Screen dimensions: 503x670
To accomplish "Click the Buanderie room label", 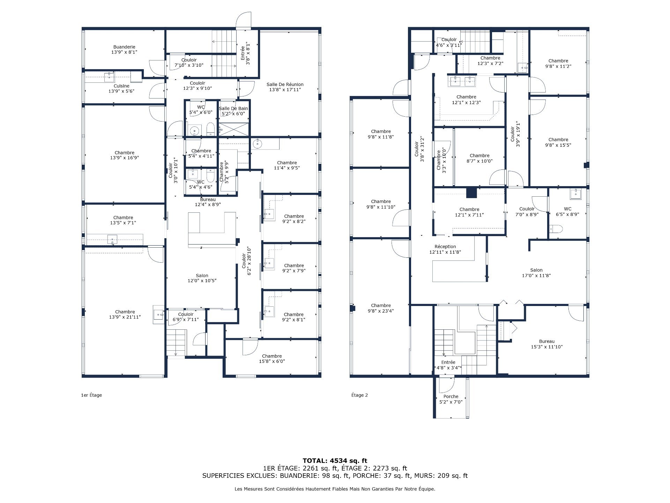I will coord(124,50).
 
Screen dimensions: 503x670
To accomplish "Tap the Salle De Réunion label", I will coord(285,87).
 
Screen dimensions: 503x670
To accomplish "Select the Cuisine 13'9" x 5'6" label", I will coord(121,88).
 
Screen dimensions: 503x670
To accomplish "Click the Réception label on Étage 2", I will coord(445,249).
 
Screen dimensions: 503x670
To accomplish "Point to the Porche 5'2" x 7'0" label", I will coord(451,399).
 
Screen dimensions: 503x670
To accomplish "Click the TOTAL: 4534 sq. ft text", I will coord(335,461).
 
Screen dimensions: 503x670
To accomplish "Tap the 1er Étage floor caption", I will coord(91,395).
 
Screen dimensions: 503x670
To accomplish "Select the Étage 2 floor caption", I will coord(359,395).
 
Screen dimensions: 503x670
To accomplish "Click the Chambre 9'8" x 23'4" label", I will coord(381,308).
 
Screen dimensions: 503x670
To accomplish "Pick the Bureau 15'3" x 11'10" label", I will coord(546,344).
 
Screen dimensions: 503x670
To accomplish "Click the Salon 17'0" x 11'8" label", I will coord(536,273).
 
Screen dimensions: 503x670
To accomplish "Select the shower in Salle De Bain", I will coord(234,129).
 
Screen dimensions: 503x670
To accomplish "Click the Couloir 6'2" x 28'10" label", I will coord(247,261).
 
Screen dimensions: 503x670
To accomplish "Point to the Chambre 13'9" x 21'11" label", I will coord(125,314).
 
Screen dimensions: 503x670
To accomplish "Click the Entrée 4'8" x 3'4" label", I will coord(448,365).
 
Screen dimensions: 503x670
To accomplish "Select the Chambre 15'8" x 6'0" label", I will coord(272,359).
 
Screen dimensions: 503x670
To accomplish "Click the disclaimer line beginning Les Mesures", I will coord(335,489).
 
